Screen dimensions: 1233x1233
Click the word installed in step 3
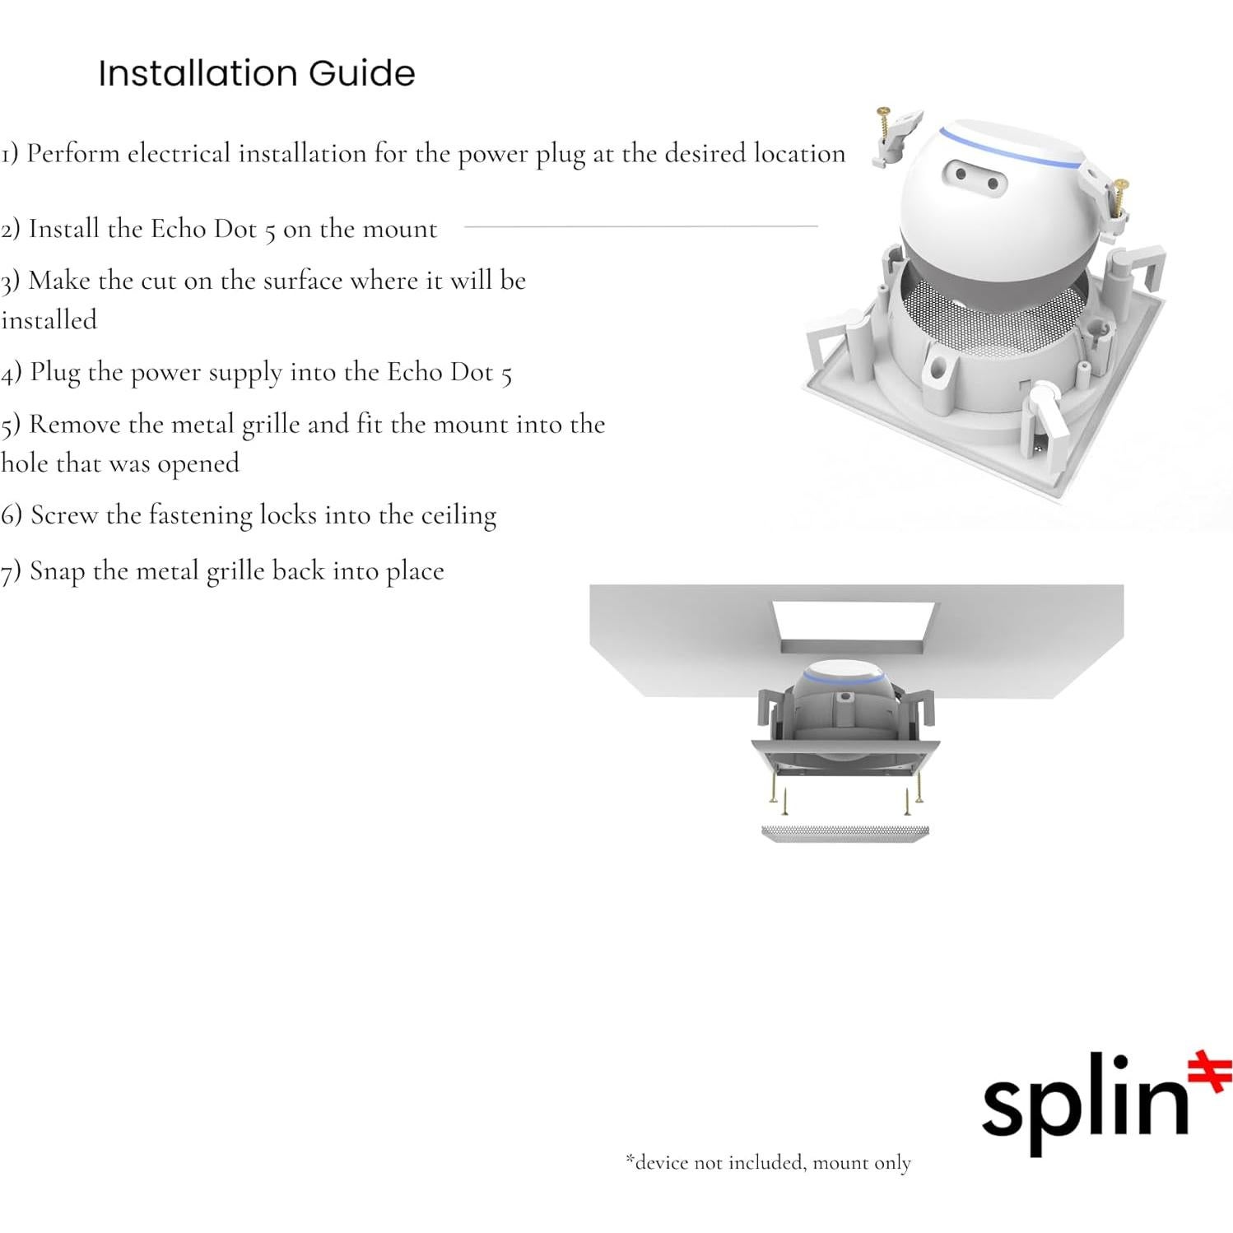coord(49,319)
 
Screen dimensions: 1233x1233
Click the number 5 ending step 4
coord(506,375)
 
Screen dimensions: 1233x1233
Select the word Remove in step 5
coord(75,424)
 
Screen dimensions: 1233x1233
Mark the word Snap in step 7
coord(57,571)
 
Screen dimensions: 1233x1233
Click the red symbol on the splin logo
coord(1210,1072)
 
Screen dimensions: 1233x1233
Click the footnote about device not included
coord(768,1162)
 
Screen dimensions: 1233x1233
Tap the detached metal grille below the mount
coord(845,833)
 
